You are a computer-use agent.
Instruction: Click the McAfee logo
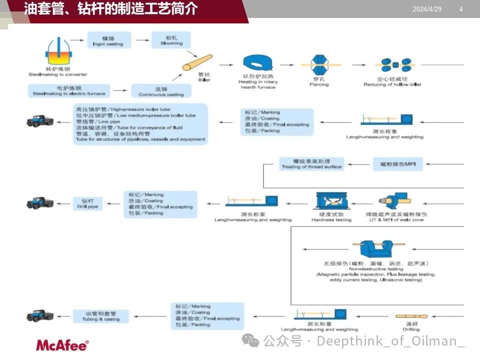pyautogui.click(x=62, y=345)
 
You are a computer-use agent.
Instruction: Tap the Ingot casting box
pyautogui.click(x=108, y=40)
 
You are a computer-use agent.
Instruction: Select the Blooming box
pyautogui.click(x=171, y=40)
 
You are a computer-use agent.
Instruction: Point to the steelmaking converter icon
pyautogui.click(x=58, y=50)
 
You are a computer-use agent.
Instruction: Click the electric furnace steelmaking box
pyautogui.click(x=69, y=90)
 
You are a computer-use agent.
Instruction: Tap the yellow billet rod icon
pyautogui.click(x=197, y=62)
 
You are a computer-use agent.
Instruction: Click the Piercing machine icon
pyautogui.click(x=318, y=65)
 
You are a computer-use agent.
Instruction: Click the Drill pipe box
pyautogui.click(x=88, y=203)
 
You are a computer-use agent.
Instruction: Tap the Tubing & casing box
pyautogui.click(x=100, y=316)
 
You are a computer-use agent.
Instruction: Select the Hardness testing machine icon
pyautogui.click(x=331, y=200)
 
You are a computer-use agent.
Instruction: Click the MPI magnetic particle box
pyautogui.click(x=397, y=163)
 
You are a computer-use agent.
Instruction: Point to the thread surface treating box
pyautogui.click(x=311, y=163)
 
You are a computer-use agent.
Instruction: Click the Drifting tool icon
pyautogui.click(x=411, y=316)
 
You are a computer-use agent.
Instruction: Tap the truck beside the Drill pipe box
pyautogui.click(x=40, y=202)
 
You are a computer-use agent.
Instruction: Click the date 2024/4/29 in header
pyautogui.click(x=427, y=9)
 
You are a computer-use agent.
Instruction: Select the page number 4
pyautogui.click(x=460, y=9)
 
